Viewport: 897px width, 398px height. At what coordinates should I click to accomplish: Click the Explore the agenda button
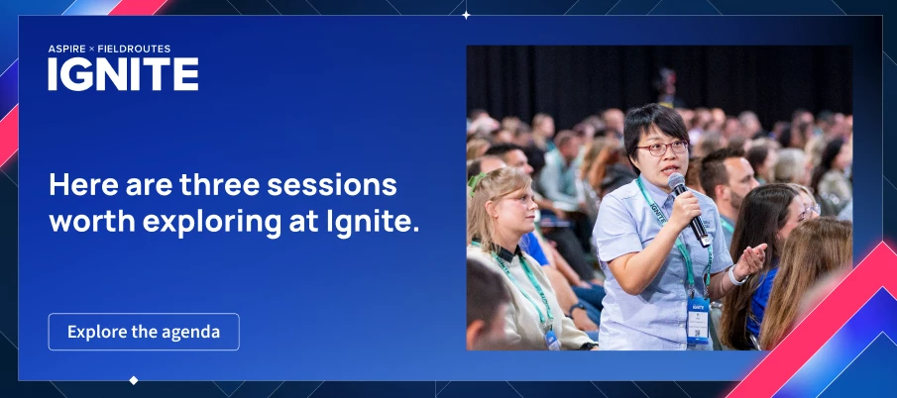144,332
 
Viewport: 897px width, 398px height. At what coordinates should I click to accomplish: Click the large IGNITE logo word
123,74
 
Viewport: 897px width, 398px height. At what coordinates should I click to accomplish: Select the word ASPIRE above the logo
67,50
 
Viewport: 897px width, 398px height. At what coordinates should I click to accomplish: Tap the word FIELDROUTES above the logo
134,50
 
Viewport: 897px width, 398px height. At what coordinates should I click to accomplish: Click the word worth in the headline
91,221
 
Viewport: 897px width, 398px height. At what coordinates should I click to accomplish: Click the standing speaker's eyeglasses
662,149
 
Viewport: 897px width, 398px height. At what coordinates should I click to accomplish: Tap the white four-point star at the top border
466,15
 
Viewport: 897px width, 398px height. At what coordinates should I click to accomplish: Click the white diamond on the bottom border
133,380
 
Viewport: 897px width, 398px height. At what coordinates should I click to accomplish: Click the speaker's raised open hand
750,260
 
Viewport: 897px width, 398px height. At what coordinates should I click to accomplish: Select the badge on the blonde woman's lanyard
553,341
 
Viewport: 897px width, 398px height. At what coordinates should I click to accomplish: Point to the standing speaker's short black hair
655,125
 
